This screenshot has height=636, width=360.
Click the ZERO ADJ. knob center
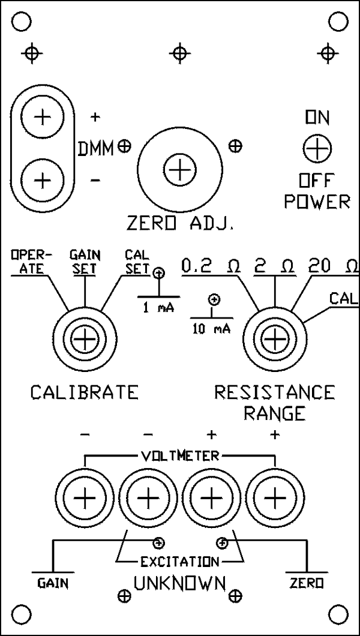[178, 172]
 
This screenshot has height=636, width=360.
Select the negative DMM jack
[41, 179]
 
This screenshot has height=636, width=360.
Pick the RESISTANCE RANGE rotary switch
[274, 340]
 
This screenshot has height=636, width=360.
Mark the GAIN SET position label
[83, 262]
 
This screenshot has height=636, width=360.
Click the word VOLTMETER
[179, 456]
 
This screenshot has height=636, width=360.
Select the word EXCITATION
[179, 562]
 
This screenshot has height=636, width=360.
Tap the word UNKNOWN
[179, 583]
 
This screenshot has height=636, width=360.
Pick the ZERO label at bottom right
[306, 583]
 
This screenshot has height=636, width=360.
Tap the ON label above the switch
[316, 119]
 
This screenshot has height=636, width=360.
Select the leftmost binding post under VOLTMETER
[85, 497]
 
